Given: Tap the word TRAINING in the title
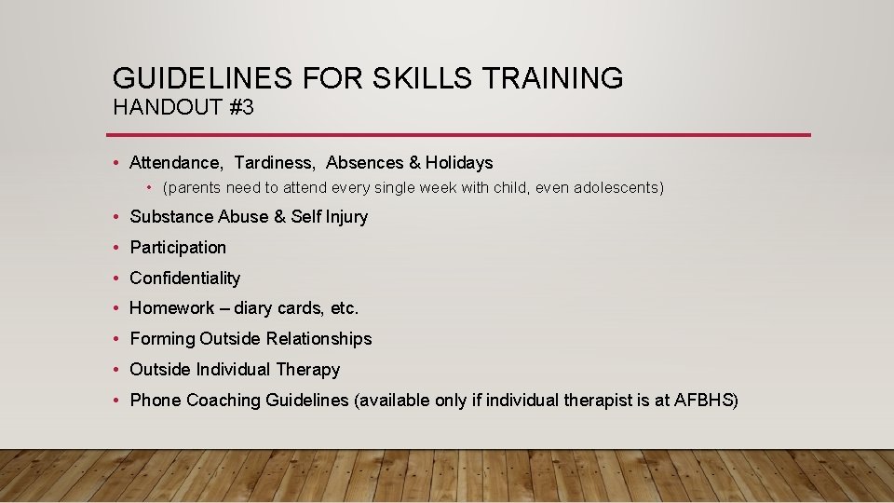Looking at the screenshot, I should pos(552,78).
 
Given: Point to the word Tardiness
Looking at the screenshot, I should pos(275,163).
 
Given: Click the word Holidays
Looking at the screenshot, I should pos(459,163).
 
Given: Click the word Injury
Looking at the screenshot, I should pos(346,217).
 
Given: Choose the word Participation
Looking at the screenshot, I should pos(178,248).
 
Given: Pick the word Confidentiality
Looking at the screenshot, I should pos(184,279).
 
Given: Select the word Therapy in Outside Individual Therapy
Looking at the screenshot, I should pos(311,370).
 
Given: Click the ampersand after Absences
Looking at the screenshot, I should pos(415,163).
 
